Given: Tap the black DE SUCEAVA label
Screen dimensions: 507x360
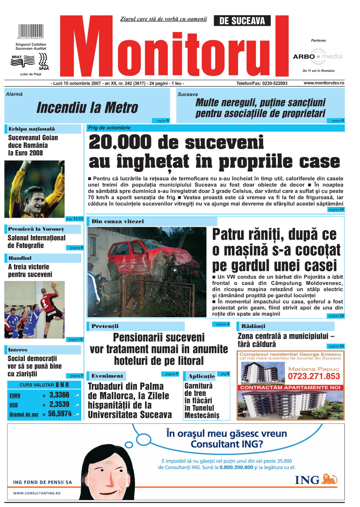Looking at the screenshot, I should (242, 21).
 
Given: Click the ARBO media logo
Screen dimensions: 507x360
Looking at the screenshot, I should (317, 56).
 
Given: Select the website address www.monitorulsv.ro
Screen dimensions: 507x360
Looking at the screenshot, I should (324, 83).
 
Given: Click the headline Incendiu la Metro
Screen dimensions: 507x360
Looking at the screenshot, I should (87, 107).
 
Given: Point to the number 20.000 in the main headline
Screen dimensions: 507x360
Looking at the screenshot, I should (120, 142).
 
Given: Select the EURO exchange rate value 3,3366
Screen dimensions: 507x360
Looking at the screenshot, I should (59, 395).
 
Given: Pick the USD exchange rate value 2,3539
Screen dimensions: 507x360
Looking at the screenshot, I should (59, 404).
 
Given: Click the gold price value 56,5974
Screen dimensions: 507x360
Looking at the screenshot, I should (60, 414).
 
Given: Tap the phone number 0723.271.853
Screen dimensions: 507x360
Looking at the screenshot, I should (314, 376).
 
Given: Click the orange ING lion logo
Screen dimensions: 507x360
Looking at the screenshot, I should (329, 479).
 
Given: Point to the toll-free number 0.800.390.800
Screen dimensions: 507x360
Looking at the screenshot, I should (236, 467).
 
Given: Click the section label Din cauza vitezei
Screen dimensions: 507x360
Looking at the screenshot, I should (118, 221).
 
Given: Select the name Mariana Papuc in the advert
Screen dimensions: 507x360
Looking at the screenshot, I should (313, 369).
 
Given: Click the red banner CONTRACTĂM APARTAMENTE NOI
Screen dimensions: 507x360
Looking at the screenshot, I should (290, 388).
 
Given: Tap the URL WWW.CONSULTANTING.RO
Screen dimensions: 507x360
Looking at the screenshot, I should (37, 493).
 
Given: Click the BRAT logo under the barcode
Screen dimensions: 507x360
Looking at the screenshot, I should (23, 61).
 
